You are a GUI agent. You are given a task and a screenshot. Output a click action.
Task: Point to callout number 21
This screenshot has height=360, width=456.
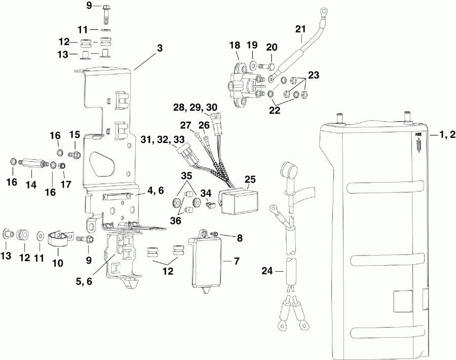point(301,29)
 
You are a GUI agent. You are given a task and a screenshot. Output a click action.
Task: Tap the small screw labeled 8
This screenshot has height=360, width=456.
point(214,233)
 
